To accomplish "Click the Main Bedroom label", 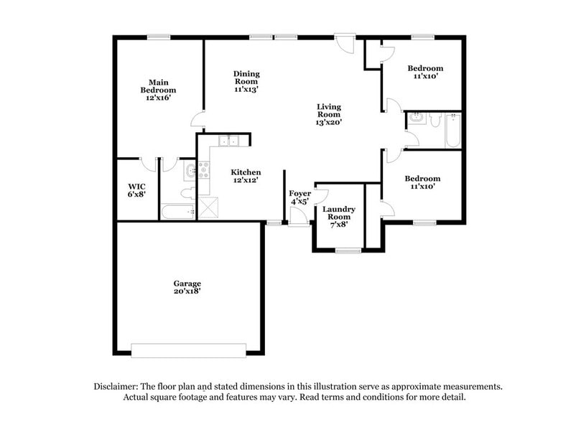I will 158,90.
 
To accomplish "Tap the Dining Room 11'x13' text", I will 246,82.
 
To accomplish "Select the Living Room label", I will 329,114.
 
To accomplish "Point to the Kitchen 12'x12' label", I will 245,177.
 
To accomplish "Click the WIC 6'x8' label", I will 136,189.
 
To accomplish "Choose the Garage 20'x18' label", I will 186,287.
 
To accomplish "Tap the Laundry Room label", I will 338,216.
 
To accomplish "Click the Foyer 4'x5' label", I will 299,198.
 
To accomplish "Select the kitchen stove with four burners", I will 204,169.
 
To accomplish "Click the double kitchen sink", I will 228,141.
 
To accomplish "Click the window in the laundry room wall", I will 348,250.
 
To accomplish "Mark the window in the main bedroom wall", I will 158,37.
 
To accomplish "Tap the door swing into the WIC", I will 149,164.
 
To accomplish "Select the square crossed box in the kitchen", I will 210,208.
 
